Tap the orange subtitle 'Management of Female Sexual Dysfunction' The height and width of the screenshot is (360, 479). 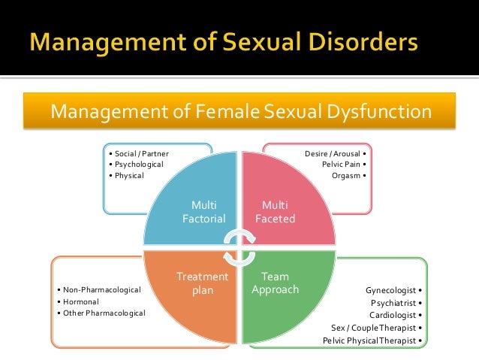[240, 113]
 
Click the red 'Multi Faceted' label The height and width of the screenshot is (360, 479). [277, 211]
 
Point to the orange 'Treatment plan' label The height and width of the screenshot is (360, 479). [202, 283]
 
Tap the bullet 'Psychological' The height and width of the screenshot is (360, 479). [138, 165]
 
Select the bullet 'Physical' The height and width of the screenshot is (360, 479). [128, 176]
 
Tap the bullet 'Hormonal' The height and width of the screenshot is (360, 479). [80, 301]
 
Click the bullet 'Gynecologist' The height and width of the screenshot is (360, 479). [392, 290]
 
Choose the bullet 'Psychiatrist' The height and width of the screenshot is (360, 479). [395, 303]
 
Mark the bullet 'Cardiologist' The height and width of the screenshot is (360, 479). [393, 315]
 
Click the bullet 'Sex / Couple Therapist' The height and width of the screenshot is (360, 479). [375, 328]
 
